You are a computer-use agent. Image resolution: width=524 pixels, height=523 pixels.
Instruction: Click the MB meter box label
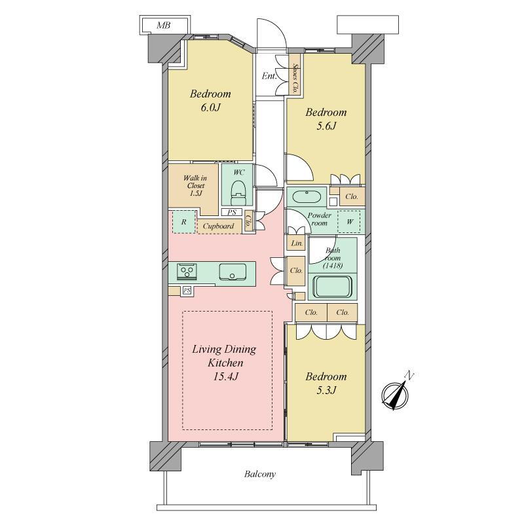coord(163,26)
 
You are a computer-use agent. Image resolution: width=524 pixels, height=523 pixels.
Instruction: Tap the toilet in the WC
coord(238,193)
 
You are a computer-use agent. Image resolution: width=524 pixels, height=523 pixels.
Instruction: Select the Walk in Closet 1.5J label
coord(195,186)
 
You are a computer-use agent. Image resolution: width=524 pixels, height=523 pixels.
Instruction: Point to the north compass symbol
coord(396,393)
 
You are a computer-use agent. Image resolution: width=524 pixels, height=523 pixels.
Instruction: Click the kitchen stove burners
coord(187,270)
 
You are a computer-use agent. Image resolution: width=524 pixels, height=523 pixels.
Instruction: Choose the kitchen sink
coord(233,272)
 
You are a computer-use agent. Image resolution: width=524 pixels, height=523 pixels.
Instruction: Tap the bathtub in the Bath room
coord(333,287)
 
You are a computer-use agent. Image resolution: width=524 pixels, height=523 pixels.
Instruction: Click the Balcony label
coord(259,475)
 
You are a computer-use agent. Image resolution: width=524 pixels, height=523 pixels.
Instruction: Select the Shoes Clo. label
coord(295,79)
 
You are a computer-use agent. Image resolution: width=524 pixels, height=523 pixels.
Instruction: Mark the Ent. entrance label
coord(269,76)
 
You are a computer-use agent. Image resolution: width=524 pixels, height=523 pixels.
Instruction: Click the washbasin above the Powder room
coord(307,197)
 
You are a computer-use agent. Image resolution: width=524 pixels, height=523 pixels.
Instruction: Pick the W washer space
coord(349,221)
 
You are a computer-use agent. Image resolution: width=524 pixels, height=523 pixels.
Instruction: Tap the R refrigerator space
coord(183,222)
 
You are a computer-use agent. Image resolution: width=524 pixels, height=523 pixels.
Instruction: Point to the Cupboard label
coord(219,226)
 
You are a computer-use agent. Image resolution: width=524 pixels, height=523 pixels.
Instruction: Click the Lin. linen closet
coord(296,243)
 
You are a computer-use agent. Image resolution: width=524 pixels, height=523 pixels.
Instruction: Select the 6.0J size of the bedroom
coord(211,107)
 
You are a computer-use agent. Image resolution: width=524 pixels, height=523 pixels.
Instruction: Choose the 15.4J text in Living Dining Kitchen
coord(225,377)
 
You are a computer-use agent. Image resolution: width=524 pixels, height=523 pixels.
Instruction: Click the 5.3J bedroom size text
coord(326,390)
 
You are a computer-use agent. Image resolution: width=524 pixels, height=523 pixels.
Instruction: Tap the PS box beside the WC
coord(232,212)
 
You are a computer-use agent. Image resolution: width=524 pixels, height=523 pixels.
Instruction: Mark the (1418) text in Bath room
coord(333,266)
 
